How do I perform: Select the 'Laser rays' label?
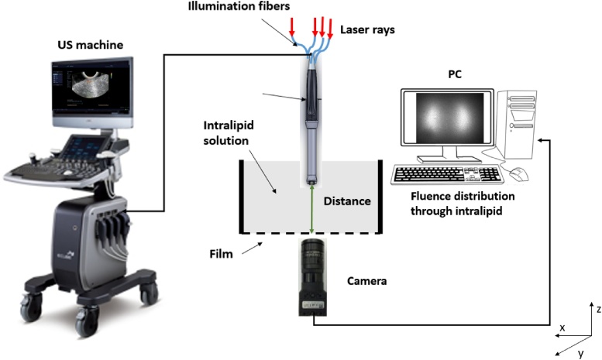366,31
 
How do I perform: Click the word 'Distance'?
346,201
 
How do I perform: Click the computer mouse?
518,173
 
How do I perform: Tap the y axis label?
580,354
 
